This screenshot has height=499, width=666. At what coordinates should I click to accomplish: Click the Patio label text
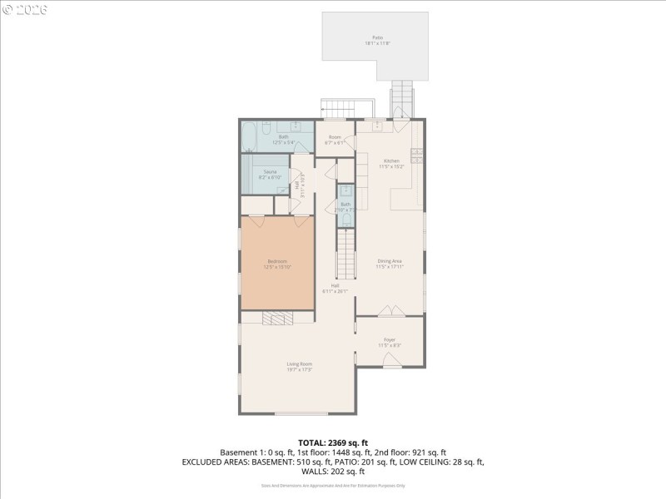click(x=377, y=37)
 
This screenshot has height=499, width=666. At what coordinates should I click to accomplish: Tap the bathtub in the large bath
click(x=250, y=137)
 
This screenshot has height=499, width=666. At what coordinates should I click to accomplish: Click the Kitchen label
click(x=391, y=161)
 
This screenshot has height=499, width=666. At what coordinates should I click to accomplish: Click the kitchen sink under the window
click(x=377, y=126)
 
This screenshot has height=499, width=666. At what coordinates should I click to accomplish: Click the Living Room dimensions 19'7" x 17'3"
click(x=300, y=369)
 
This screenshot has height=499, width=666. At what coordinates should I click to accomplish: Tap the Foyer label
click(x=390, y=339)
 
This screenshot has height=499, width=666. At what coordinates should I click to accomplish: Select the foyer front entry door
click(x=390, y=360)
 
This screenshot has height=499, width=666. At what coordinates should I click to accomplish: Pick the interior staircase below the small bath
click(x=345, y=254)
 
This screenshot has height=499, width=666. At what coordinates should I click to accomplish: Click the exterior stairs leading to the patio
click(x=402, y=100)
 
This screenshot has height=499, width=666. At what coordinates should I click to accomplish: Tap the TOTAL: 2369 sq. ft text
click(x=332, y=442)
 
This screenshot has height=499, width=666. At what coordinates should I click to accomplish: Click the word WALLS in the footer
click(x=314, y=471)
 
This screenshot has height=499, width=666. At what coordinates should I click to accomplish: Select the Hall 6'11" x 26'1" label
click(x=335, y=288)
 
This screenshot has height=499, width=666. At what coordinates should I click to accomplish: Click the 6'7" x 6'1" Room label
click(x=335, y=140)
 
